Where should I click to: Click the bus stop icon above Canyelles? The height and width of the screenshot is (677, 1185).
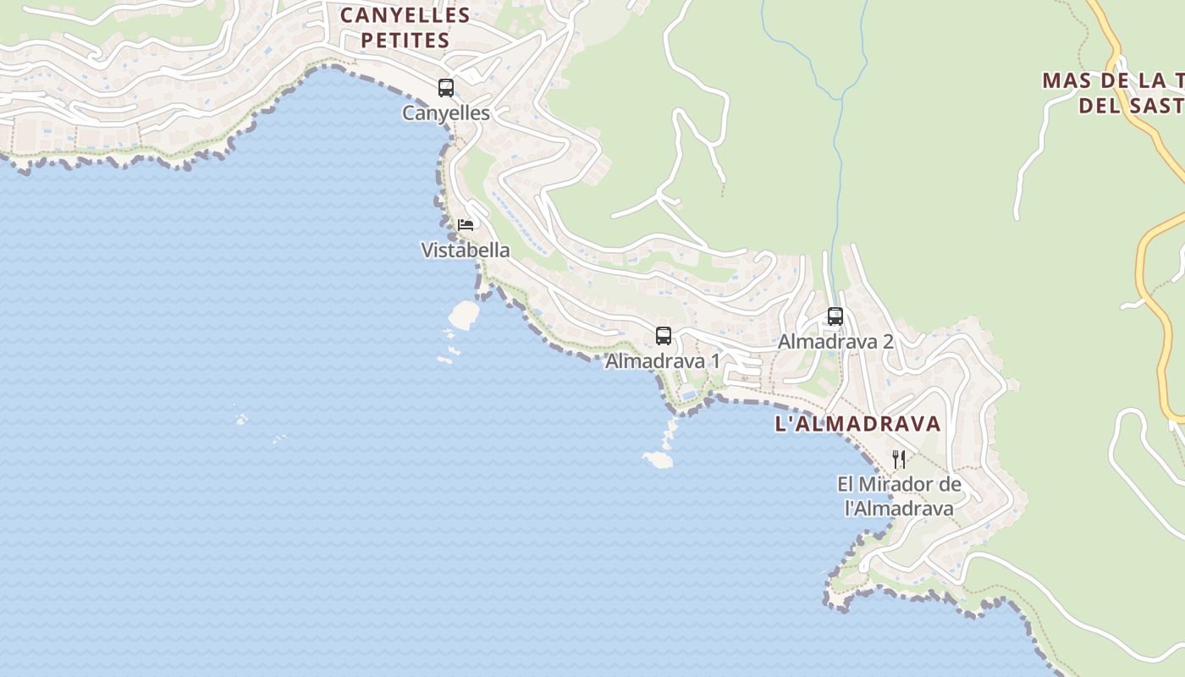click(446, 87)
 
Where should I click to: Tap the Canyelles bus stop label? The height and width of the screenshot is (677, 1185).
click(446, 113)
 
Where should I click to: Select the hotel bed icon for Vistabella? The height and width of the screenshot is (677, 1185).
click(465, 224)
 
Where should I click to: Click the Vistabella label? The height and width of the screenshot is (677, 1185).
click(466, 250)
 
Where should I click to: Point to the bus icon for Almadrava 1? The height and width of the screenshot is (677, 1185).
click(664, 335)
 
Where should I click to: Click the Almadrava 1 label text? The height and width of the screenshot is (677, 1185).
click(663, 361)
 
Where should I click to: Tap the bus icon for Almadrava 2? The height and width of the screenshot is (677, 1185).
click(835, 316)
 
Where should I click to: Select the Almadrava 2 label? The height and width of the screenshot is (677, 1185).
click(835, 342)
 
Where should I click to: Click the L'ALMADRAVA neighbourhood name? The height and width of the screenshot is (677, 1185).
click(857, 424)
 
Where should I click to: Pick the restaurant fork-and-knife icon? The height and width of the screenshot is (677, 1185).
click(899, 460)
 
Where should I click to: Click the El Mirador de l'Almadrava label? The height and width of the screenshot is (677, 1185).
click(899, 496)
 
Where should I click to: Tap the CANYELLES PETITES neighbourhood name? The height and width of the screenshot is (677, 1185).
click(405, 27)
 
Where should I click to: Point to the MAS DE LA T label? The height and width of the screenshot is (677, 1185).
click(1112, 80)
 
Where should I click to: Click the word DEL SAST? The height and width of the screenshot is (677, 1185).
click(1130, 106)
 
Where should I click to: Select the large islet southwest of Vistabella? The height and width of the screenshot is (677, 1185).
click(463, 315)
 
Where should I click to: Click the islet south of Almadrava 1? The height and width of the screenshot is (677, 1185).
click(658, 460)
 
